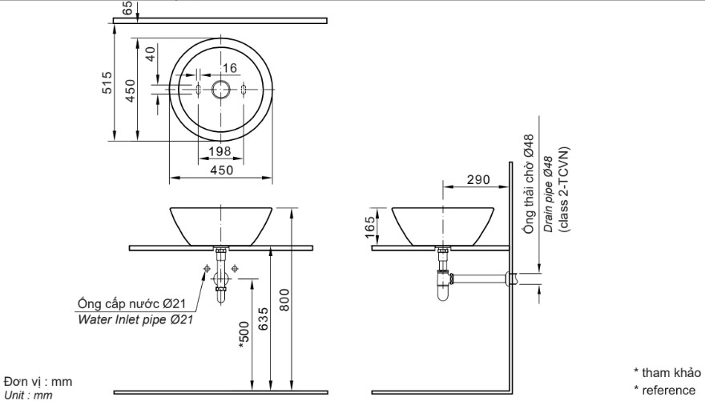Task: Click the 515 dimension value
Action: (107, 82)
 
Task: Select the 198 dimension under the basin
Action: (220, 151)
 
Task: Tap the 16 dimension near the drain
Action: (230, 68)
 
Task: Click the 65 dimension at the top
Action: (127, 7)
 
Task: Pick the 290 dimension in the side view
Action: (478, 179)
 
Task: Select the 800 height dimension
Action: (284, 299)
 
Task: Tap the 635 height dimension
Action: (264, 319)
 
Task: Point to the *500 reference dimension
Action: (244, 337)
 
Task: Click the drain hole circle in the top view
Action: (220, 90)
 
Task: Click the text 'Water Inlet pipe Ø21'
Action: (135, 319)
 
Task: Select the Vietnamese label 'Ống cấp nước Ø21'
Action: (131, 304)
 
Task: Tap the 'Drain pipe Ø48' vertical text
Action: (549, 194)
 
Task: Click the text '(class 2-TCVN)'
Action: (564, 189)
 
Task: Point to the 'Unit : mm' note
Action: (28, 395)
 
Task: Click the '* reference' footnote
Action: (664, 389)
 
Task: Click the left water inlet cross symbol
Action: (207, 269)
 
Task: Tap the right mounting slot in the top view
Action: (244, 89)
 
